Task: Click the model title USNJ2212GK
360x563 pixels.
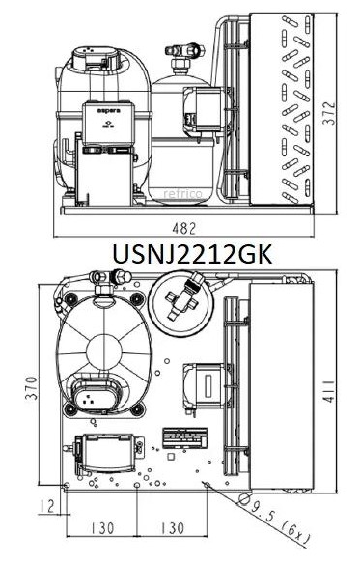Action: click(192, 254)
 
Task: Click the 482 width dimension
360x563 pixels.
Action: click(184, 229)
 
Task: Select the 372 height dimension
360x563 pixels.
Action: click(329, 113)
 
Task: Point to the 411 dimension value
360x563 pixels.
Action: click(329, 391)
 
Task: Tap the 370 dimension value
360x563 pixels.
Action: click(32, 388)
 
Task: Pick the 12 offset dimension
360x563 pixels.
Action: click(47, 506)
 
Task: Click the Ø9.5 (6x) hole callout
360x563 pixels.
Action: click(274, 519)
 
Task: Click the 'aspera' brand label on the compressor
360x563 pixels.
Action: click(109, 111)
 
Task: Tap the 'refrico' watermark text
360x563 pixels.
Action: click(182, 194)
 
